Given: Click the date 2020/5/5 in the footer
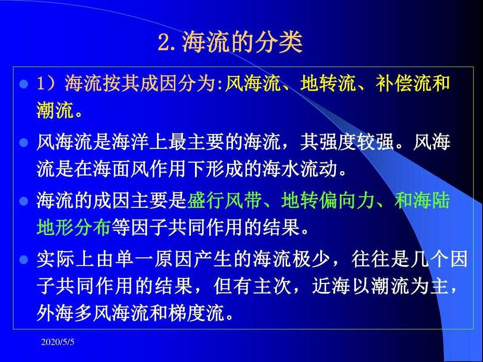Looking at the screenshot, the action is point(58,342).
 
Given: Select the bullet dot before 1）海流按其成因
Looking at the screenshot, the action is point(24,84).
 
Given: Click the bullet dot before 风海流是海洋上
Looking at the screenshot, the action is point(24,143).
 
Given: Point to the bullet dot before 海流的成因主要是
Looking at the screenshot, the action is point(24,201).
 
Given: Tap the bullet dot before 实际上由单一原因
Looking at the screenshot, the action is point(24,260).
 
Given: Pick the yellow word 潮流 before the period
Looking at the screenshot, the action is point(55,110).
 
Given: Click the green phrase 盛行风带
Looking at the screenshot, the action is point(224,201).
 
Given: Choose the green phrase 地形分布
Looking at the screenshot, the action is point(73,227).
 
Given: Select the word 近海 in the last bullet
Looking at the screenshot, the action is point(331,286).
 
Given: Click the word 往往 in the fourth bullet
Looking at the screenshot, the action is point(371,259).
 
